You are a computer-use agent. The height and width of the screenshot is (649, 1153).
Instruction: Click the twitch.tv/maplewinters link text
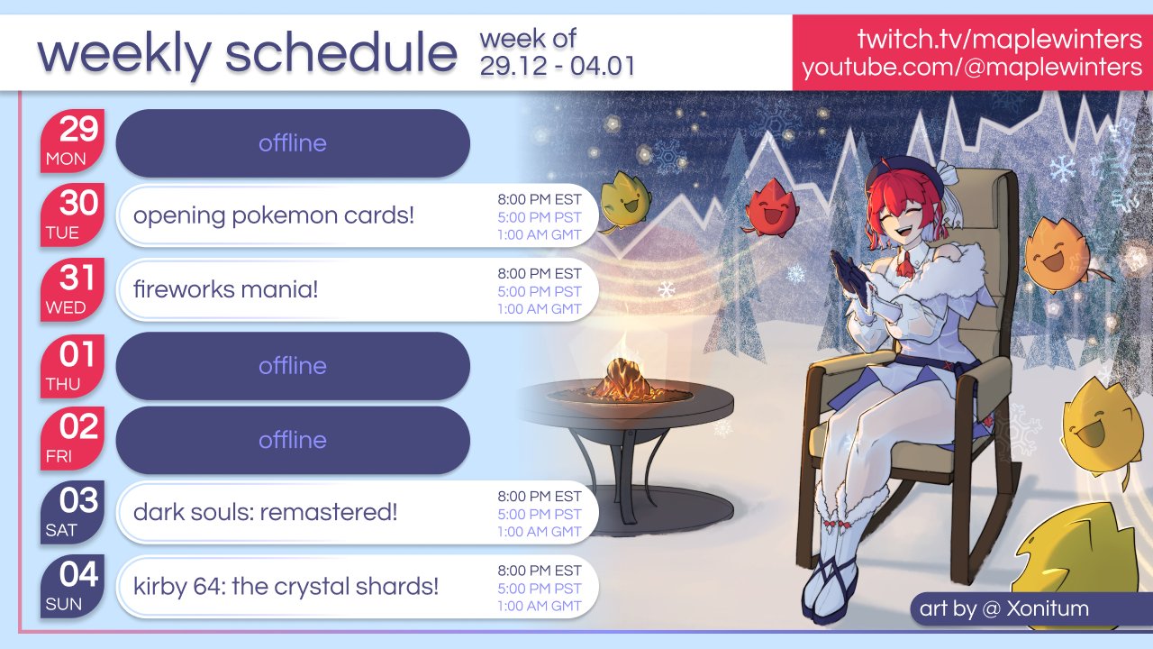[x=999, y=39]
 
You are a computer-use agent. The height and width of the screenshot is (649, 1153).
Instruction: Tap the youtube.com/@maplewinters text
[x=972, y=68]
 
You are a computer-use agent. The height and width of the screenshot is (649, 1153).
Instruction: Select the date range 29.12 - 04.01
[x=558, y=66]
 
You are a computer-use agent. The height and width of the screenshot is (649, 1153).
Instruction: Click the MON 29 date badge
[x=72, y=142]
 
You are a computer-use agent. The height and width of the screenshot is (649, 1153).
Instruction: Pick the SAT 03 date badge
[x=72, y=513]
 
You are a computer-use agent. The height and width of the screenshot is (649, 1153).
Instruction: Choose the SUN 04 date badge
[x=72, y=587]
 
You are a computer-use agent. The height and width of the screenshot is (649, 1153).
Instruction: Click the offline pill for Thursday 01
[x=293, y=366]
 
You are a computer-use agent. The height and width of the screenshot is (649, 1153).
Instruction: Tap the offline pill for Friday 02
[x=293, y=440]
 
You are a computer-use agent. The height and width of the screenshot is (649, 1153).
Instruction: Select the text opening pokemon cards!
[x=273, y=215]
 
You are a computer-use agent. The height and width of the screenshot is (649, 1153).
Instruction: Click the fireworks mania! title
[x=225, y=289]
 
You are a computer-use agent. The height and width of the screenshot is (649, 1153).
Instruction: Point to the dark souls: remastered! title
[x=265, y=513]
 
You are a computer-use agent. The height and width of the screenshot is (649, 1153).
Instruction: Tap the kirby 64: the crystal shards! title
[x=286, y=587]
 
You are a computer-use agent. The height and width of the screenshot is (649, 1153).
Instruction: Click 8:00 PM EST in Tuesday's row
[x=540, y=199]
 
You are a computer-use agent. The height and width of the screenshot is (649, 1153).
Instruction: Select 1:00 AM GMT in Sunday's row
[x=540, y=606]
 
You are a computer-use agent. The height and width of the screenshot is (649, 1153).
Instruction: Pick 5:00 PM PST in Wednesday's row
[x=540, y=291]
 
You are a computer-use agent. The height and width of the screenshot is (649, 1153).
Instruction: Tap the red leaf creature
[x=770, y=207]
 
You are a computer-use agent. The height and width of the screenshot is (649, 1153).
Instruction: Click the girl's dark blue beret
[x=906, y=178]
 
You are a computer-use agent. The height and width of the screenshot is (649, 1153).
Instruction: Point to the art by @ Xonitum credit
[x=1003, y=608]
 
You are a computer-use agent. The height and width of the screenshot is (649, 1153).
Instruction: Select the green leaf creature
[x=625, y=199]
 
